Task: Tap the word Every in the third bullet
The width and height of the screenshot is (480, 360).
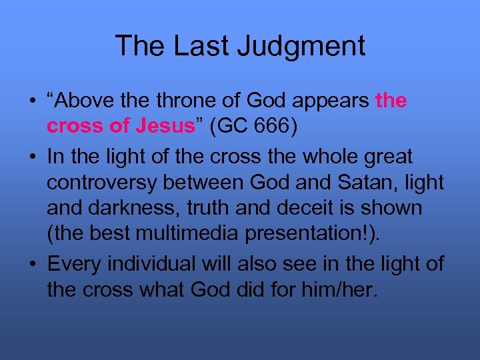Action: [x=75, y=264]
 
